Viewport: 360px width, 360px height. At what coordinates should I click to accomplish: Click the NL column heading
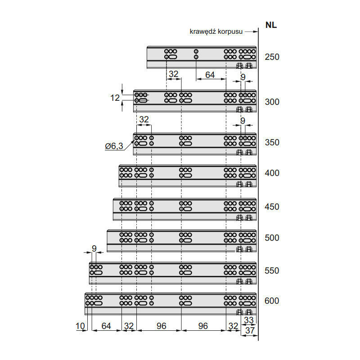coord(271,25)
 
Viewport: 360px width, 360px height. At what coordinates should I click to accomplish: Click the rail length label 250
coord(272,57)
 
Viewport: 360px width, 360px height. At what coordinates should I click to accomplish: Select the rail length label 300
coord(272,102)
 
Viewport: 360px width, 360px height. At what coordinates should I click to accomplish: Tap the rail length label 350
coord(272,142)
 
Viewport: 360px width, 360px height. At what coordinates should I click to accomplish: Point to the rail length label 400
coord(272,173)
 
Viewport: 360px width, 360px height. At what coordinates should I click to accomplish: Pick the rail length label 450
coord(272,207)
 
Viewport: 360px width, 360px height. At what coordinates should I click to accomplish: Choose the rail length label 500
coord(272,238)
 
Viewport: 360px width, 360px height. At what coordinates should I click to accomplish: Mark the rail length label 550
coord(272,270)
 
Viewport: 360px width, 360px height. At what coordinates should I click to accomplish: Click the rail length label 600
coord(272,301)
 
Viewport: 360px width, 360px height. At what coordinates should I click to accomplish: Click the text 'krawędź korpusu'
coord(216,31)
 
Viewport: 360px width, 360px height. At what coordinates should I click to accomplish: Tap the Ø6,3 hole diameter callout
coord(114,146)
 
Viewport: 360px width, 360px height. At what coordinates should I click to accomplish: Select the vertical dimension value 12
coord(115,98)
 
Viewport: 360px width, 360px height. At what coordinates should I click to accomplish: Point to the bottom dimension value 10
coord(80,326)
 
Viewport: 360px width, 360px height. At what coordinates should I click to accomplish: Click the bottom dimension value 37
coord(250,330)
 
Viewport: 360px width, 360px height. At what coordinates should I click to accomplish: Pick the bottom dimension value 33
coord(249,320)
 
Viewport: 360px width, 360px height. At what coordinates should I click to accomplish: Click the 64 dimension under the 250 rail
coord(210,75)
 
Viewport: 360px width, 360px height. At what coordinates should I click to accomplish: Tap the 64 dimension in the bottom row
coord(106,326)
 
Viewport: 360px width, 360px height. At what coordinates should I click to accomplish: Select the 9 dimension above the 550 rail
coord(94,248)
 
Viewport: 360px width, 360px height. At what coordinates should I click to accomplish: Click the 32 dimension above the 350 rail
coord(144,119)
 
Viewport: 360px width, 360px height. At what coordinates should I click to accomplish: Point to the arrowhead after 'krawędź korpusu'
coord(255,31)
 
